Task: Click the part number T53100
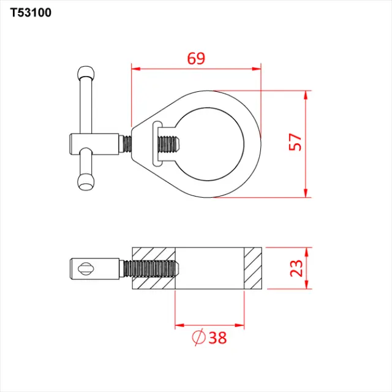click(x=31, y=12)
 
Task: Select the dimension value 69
click(x=196, y=59)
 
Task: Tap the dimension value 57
click(x=295, y=142)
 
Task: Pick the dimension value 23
click(x=296, y=268)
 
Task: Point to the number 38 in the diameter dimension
click(x=218, y=337)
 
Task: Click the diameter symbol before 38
click(x=198, y=337)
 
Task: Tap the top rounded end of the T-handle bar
click(x=86, y=73)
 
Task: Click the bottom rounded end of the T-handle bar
click(x=86, y=183)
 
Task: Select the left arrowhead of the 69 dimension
click(x=136, y=69)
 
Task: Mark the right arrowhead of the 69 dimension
click(x=257, y=69)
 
